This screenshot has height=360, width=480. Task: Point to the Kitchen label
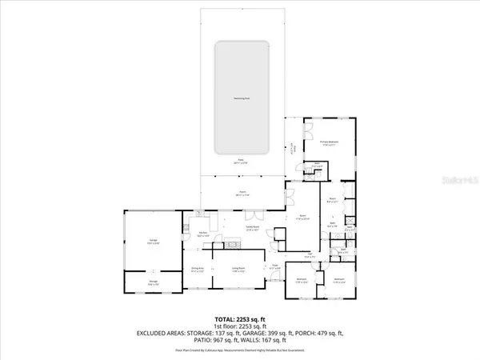tap(203, 234)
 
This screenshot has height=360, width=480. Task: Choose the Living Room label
tap(238, 270)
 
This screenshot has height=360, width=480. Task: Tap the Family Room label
tap(251, 228)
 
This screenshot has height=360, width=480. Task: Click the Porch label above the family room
tap(241, 193)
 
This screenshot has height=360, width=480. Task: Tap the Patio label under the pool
tap(239, 162)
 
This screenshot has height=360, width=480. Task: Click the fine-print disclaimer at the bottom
tap(239, 346)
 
